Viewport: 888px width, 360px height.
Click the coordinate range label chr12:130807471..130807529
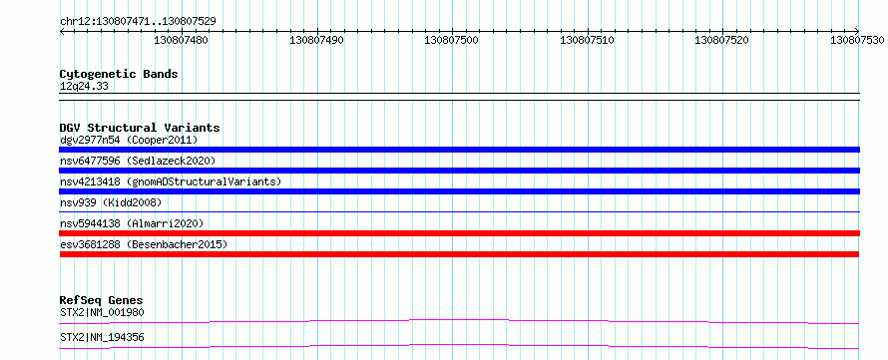coord(138,22)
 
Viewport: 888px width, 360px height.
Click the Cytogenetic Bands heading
coord(119,74)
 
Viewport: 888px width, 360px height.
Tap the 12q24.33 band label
coord(84,87)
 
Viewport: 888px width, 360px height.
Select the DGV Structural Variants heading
coord(140,128)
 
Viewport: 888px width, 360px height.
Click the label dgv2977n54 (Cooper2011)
coord(129,140)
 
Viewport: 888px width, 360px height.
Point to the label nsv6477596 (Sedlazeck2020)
coord(138,161)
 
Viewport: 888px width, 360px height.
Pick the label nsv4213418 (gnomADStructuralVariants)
coord(171,181)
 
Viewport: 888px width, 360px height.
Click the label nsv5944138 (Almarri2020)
coord(132,223)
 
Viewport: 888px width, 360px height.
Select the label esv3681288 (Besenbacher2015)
coord(144,244)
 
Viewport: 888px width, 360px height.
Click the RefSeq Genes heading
coord(102,300)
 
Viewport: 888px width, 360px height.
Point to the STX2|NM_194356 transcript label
coord(102,337)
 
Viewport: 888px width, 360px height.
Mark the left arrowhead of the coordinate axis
coord(61,32)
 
